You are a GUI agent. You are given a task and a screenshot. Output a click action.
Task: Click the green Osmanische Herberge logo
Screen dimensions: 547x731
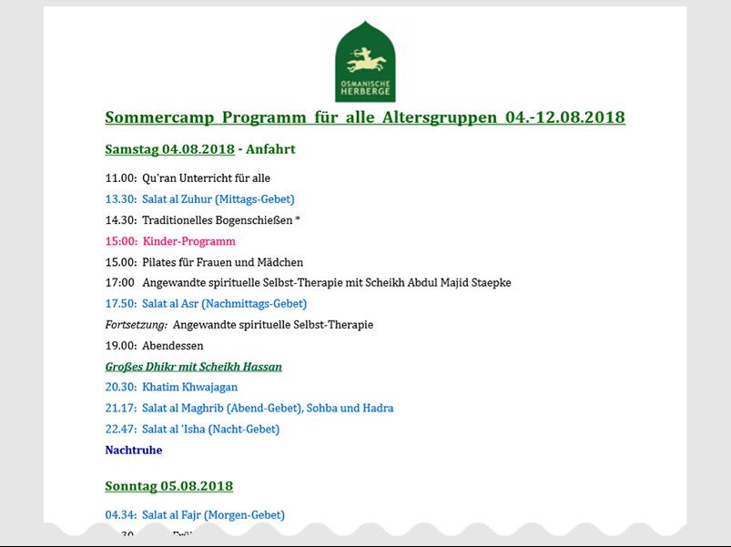(365, 61)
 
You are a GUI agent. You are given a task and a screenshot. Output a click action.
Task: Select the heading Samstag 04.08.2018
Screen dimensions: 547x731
(169, 149)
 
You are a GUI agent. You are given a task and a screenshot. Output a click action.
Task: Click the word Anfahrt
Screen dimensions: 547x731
(270, 149)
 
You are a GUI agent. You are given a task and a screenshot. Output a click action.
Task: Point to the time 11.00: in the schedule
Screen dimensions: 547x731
(121, 178)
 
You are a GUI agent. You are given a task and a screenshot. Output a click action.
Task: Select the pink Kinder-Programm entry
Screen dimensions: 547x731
(188, 241)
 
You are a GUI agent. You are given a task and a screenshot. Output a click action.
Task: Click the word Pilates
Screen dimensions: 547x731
(160, 262)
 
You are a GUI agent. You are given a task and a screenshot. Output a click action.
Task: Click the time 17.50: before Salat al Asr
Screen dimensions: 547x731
(121, 304)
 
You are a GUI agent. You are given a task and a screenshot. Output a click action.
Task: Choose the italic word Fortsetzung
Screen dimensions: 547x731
(136, 325)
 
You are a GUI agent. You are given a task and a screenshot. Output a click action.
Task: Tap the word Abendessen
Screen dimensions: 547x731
(172, 346)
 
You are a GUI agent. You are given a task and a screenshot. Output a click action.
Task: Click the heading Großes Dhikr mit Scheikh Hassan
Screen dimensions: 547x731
(193, 367)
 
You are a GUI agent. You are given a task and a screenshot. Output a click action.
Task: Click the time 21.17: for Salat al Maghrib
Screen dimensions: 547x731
(121, 409)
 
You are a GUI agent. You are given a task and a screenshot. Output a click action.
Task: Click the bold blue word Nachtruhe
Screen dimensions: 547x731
(134, 451)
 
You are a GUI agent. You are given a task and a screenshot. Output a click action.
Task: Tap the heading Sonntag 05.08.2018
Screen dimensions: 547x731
(168, 486)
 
